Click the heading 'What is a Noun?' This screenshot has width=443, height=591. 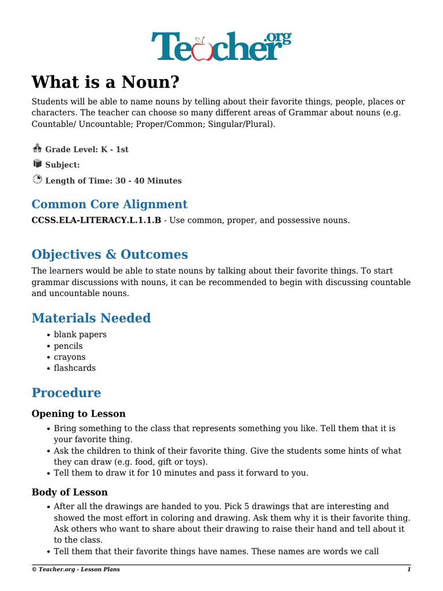click(x=105, y=82)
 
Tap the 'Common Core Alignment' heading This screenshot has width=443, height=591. click(x=110, y=204)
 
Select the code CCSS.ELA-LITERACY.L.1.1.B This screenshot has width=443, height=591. click(x=96, y=220)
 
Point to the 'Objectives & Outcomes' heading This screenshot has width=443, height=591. click(x=110, y=255)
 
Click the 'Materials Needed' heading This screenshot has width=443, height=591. click(x=91, y=318)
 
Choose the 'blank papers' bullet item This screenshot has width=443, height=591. click(x=80, y=335)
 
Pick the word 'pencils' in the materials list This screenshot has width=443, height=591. click(x=68, y=346)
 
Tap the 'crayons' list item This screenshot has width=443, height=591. click(x=69, y=357)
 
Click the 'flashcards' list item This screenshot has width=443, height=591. click(x=75, y=368)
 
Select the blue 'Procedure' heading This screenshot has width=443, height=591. click(x=66, y=393)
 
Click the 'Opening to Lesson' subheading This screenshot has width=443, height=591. click(x=78, y=414)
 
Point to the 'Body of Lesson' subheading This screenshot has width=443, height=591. click(x=70, y=493)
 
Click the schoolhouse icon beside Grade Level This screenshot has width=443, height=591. click(x=37, y=148)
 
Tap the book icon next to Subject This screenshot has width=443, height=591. click(x=37, y=164)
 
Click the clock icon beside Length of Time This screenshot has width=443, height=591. click(x=37, y=179)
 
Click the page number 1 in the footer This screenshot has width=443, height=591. click(x=408, y=570)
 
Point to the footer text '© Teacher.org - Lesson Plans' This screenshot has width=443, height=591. click(x=76, y=570)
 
